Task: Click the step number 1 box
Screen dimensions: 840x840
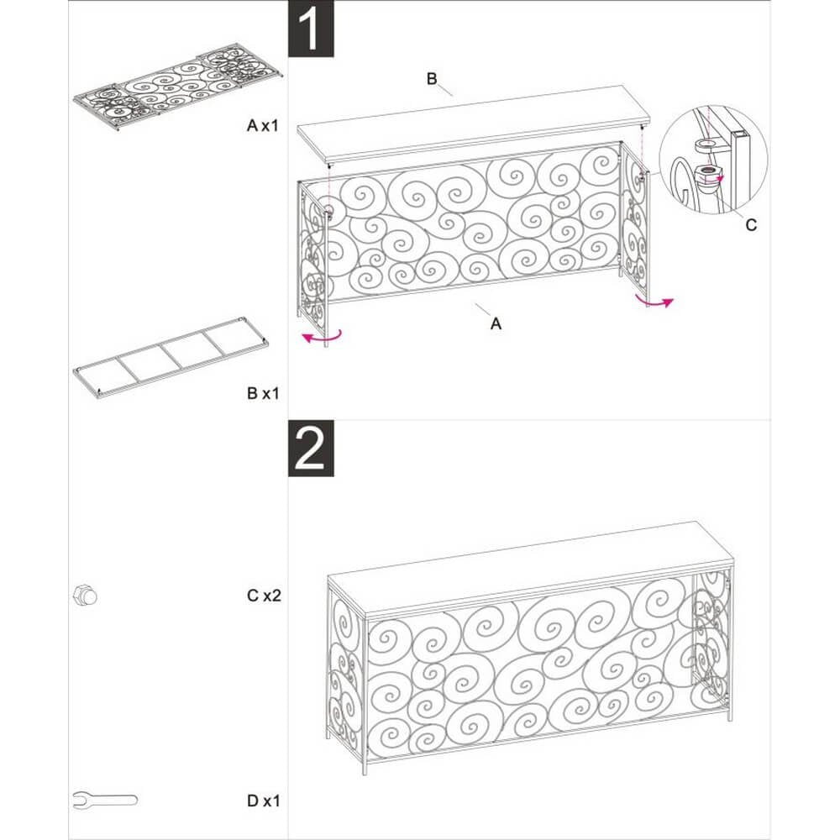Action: (x=312, y=29)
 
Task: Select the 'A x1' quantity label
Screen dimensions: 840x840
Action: (x=263, y=126)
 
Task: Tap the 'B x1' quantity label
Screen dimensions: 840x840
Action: (x=263, y=392)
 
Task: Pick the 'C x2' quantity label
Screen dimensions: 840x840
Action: (x=263, y=596)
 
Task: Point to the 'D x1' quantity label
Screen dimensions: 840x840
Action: (x=263, y=801)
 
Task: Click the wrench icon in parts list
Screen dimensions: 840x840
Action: (x=105, y=799)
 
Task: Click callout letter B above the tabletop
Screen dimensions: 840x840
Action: (x=432, y=79)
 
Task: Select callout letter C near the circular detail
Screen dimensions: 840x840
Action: (x=751, y=224)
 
